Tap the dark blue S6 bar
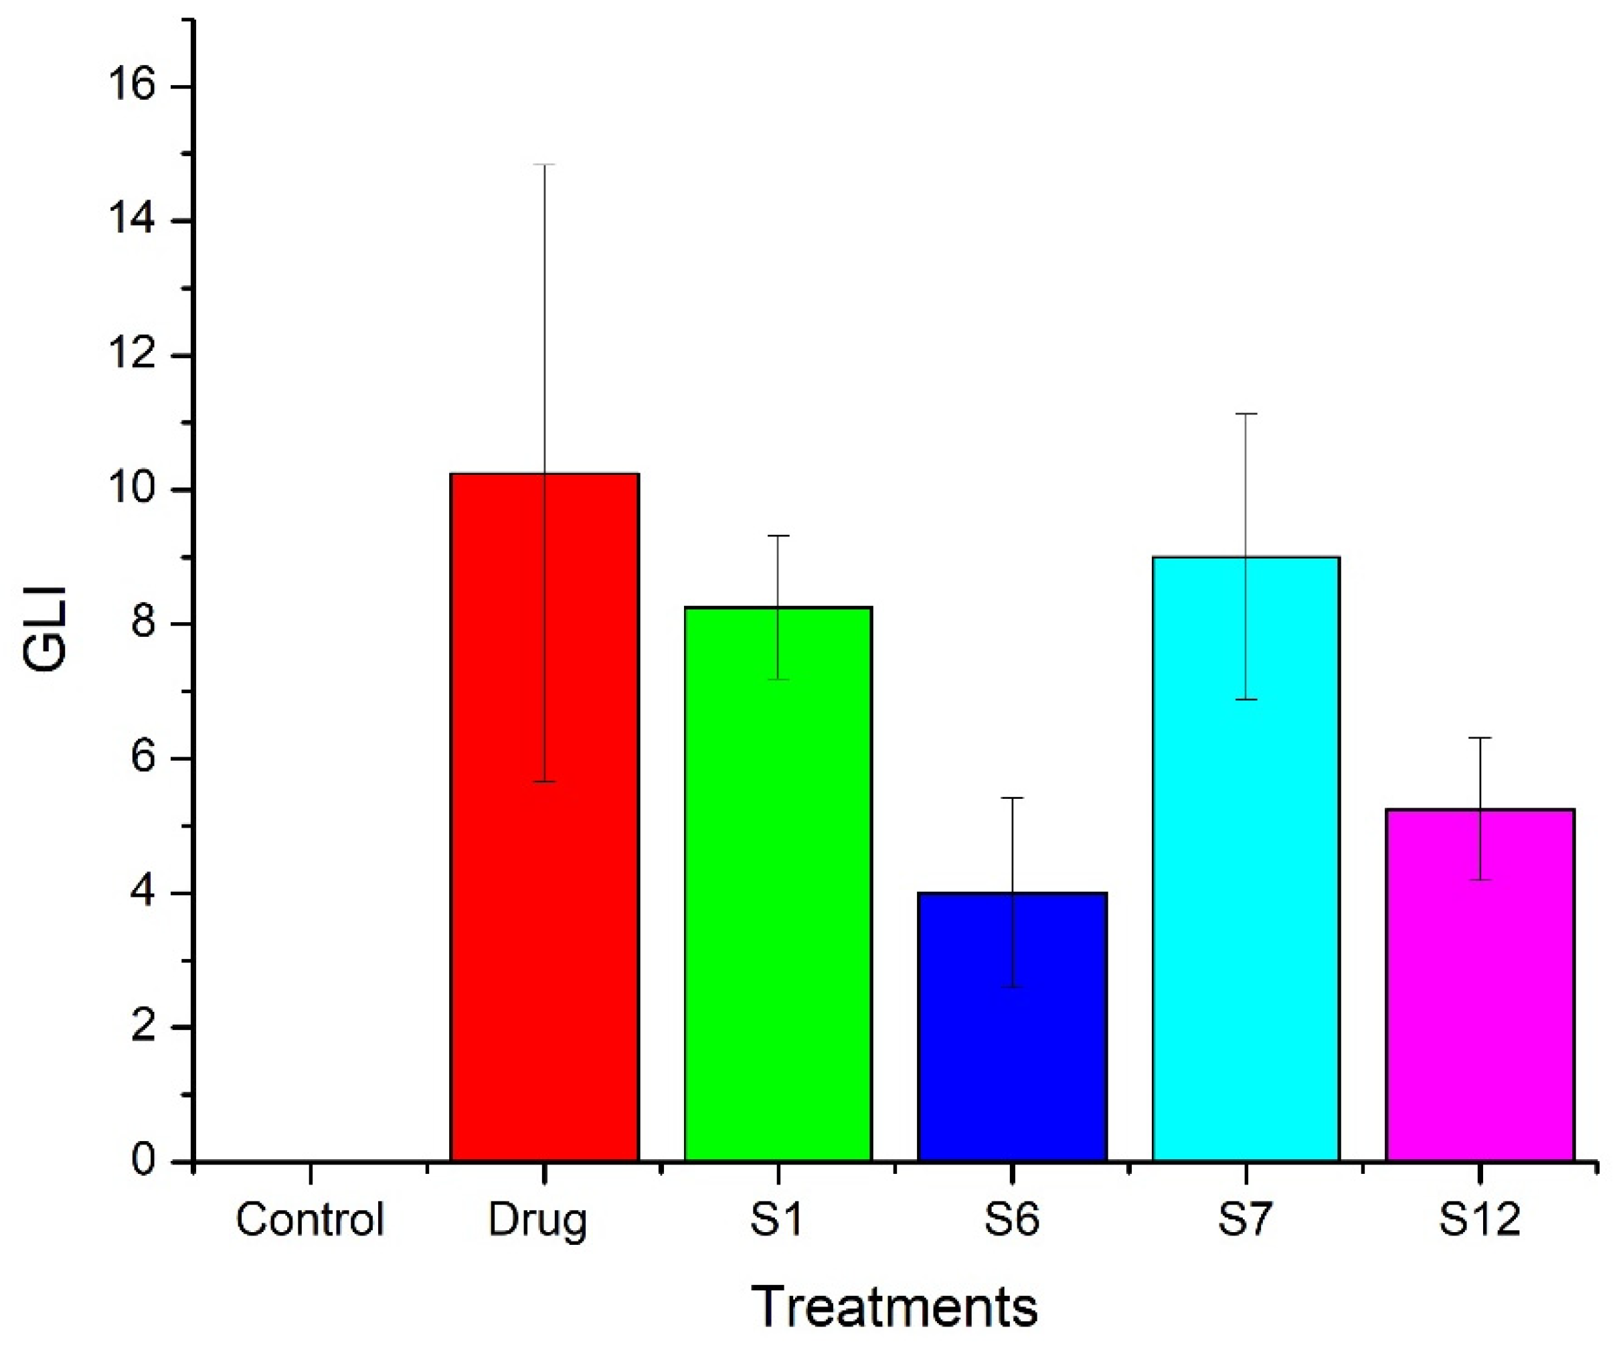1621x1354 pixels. coord(1012,1027)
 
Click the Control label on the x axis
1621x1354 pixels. coord(309,1219)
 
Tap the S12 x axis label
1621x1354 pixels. coord(1479,1219)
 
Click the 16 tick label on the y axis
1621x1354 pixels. coord(131,86)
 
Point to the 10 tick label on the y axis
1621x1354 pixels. coord(131,490)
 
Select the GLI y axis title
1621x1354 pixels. coord(45,629)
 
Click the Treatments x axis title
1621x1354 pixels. coord(894,1307)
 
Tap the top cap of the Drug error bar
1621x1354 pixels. coord(544,165)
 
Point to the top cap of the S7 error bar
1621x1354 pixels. coord(1246,414)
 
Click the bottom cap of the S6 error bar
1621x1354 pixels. coord(1012,987)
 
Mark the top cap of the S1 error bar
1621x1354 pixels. coord(778,535)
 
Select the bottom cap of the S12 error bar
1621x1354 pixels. coord(1480,880)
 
